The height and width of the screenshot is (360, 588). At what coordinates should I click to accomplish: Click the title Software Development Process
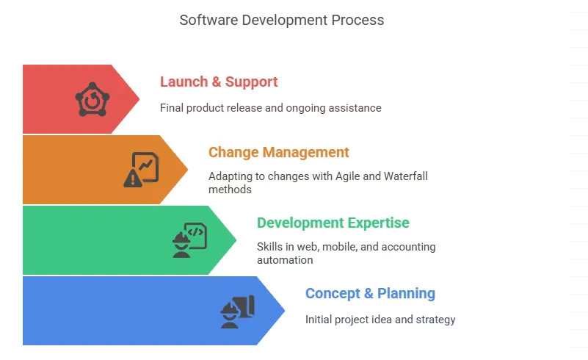pos(282,21)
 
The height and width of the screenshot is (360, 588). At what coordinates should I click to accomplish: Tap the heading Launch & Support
pos(219,82)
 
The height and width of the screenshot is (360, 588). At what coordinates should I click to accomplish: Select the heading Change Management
pos(279,152)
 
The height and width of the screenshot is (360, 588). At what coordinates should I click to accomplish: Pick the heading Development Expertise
pos(333,223)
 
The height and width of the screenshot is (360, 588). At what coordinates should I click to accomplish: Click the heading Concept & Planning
pos(370,294)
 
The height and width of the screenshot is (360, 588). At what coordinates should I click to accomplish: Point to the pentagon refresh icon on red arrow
pos(92,99)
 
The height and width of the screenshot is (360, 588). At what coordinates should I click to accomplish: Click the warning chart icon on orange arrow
pos(141,170)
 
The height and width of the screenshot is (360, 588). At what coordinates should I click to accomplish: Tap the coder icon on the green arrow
pos(189,240)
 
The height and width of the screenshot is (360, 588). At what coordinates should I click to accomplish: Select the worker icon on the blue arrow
pos(238,312)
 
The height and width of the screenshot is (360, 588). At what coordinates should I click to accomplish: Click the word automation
pos(285,260)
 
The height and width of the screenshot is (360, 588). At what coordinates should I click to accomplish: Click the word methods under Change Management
pos(230,190)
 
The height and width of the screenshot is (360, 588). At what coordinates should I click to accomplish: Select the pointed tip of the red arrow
pos(139,99)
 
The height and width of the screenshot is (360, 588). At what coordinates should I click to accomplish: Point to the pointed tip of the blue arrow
pos(285,311)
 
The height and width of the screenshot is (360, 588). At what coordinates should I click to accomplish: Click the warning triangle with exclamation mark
pos(132,178)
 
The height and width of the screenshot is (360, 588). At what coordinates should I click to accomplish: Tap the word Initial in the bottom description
pos(319,320)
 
